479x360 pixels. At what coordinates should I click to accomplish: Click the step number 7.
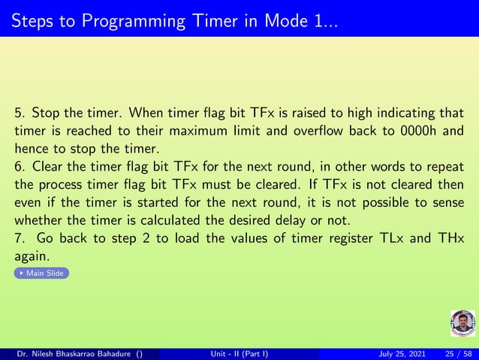coord(19,238)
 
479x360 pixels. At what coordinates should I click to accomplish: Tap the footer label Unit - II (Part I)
coord(239,354)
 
